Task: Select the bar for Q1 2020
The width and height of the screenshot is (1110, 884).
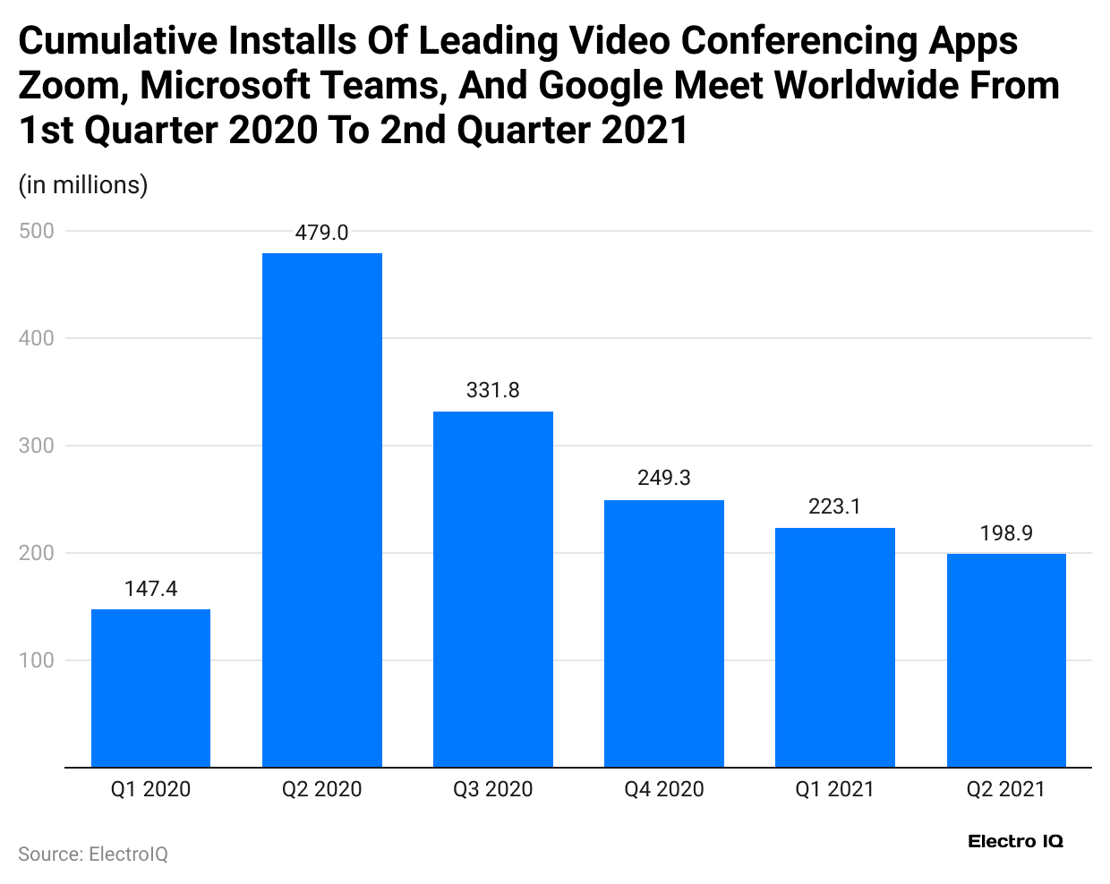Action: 150,688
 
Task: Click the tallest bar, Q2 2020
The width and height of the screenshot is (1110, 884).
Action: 322,510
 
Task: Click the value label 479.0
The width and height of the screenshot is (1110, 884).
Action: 322,233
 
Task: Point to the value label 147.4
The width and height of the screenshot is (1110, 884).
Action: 150,589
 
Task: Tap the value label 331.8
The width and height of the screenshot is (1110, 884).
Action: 493,390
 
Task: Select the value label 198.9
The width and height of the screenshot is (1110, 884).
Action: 1006,533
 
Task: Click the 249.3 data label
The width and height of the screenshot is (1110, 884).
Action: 664,478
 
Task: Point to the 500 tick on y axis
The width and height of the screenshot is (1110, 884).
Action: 37,231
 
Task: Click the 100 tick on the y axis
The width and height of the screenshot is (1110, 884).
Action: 37,660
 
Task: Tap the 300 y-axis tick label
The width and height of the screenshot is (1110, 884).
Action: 37,446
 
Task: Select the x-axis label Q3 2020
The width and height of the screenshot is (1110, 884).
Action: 493,789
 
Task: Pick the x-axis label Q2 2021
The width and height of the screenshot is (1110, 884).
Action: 1006,789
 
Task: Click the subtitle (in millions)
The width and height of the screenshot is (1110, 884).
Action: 83,185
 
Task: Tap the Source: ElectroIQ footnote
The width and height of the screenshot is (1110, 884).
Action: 93,854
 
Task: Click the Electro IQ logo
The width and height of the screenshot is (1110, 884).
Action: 1015,841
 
